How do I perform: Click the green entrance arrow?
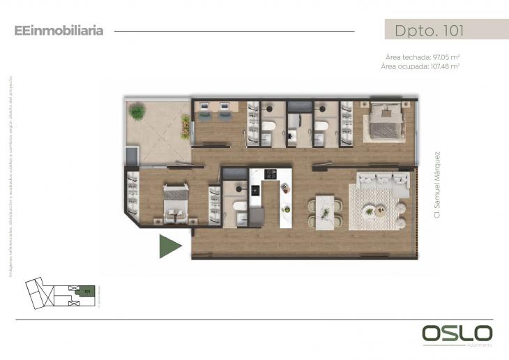[x=169, y=246]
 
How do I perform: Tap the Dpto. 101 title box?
[x=429, y=30]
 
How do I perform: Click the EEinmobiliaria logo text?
[x=59, y=31]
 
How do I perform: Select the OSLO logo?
[x=457, y=333]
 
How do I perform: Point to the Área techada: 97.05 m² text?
[x=422, y=57]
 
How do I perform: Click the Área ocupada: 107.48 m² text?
[x=420, y=66]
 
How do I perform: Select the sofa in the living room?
[x=382, y=181]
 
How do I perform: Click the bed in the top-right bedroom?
[x=386, y=121]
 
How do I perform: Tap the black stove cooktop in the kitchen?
[x=269, y=174]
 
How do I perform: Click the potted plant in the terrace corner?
[x=137, y=110]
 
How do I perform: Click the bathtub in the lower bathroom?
[x=239, y=207]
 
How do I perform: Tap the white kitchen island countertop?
[x=285, y=209]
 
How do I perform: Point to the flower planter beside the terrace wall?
[x=186, y=126]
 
